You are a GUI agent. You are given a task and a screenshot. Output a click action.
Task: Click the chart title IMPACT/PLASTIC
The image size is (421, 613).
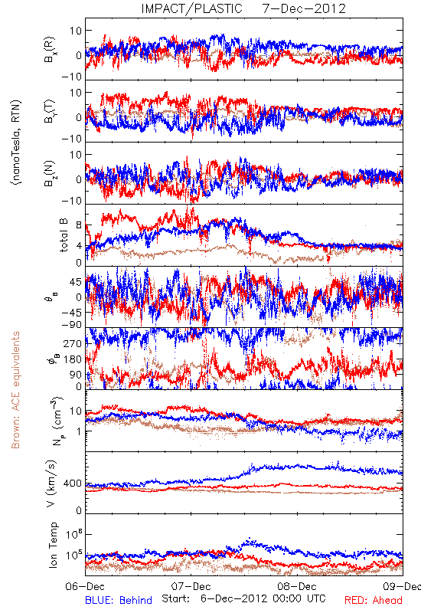tap(192, 8)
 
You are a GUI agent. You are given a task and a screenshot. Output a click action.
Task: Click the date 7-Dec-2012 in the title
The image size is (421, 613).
tap(304, 8)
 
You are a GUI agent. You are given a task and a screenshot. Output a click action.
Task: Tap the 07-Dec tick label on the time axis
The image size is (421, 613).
tap(191, 586)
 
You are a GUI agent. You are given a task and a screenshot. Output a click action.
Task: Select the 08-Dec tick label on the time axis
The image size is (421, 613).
tap(297, 586)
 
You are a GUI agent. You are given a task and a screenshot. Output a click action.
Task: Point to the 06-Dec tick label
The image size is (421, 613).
tap(85, 586)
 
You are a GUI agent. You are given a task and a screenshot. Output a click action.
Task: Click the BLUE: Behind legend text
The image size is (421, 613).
tap(119, 601)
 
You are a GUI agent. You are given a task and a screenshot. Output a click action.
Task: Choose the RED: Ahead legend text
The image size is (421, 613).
tap(374, 601)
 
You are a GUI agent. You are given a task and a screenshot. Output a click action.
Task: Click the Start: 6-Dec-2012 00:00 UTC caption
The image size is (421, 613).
tap(243, 598)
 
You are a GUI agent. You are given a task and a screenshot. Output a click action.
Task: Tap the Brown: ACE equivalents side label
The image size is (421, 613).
tap(15, 390)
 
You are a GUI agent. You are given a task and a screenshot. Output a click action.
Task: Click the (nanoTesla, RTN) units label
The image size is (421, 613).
tap(16, 143)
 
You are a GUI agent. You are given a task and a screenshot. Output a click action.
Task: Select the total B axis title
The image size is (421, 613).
tap(64, 235)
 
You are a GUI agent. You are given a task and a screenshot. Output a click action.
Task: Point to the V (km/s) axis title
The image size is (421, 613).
tap(51, 484)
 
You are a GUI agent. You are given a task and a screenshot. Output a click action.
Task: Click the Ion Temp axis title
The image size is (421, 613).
tap(54, 545)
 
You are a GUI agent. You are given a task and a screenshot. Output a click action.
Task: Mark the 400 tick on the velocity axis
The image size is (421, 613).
tap(73, 484)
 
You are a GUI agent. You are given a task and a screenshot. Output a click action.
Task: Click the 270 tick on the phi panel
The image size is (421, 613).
tap(73, 343)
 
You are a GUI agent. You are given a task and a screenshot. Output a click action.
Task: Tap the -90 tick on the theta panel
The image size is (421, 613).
tap(72, 325)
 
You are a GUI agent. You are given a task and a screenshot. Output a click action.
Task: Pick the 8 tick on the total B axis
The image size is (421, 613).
tap(80, 225)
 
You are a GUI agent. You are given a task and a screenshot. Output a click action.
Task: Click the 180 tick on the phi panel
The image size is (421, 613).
tap(73, 359)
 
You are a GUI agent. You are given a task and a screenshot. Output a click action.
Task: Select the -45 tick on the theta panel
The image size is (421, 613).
tap(72, 313)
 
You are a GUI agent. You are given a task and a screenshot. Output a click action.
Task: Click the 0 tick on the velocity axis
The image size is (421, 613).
tap(80, 510)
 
